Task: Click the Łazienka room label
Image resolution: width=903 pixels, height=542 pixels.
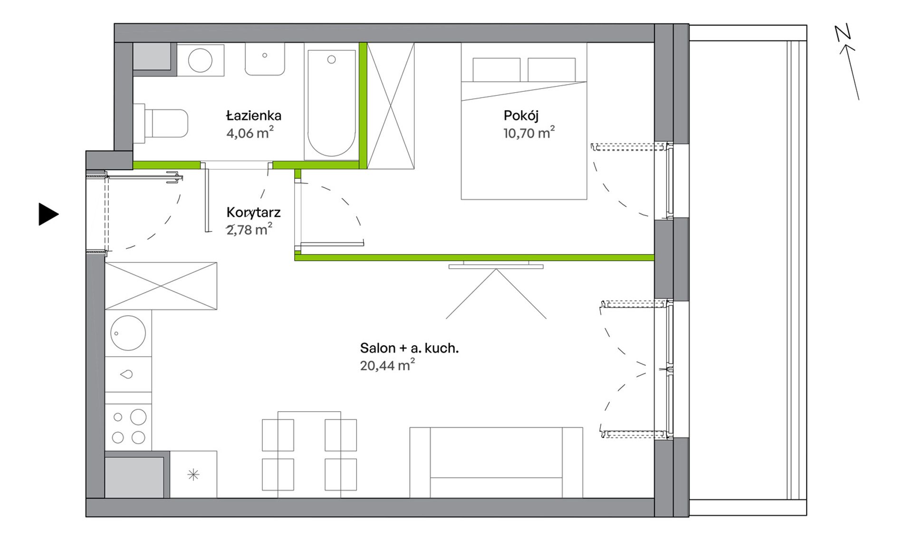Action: [254, 116]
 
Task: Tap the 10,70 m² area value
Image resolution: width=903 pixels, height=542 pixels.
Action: [529, 133]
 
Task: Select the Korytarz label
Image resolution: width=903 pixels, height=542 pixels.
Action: [253, 213]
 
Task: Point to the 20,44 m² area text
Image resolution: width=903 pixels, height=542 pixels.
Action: [387, 365]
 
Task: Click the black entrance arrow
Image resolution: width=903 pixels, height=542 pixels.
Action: [48, 214]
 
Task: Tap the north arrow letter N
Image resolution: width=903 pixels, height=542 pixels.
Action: [843, 33]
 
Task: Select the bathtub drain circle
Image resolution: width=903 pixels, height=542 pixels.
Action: [332, 59]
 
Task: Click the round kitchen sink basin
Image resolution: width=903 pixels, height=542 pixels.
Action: [128, 333]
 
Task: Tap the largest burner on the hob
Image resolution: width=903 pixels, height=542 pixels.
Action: [138, 417]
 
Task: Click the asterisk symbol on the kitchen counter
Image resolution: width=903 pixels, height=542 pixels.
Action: [193, 474]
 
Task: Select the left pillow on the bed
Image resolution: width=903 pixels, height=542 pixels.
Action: [496, 70]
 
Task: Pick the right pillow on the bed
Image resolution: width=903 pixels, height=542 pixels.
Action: [552, 70]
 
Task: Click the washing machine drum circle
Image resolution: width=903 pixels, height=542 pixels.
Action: [200, 60]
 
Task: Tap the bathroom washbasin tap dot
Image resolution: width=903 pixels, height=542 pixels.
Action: [265, 55]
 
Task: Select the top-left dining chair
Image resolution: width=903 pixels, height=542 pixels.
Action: [278, 435]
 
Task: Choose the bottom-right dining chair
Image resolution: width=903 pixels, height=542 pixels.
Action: [341, 474]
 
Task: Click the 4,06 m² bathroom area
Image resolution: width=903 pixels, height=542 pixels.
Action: [250, 133]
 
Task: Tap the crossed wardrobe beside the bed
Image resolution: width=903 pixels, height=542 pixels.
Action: [391, 106]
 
